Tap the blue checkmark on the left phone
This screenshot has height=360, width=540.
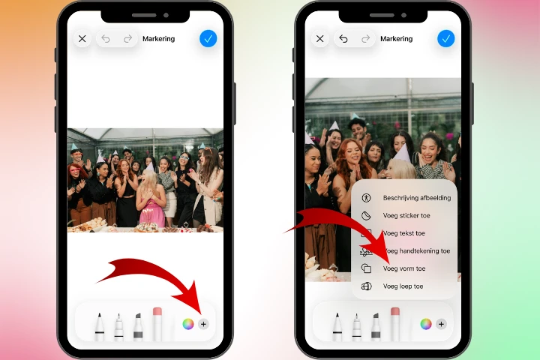[x=208, y=38]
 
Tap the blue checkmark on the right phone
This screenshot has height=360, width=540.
[x=445, y=38]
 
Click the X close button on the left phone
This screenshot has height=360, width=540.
[x=82, y=38]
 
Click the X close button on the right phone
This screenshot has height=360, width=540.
[x=320, y=38]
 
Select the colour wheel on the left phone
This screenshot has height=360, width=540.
[x=187, y=324]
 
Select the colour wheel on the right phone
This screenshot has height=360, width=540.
[x=425, y=324]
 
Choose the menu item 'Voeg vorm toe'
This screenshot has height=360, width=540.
[x=403, y=268]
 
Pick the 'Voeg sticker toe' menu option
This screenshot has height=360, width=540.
[x=406, y=215]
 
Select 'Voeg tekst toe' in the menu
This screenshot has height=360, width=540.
[x=403, y=233]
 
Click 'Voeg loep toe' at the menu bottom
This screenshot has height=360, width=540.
[x=403, y=286]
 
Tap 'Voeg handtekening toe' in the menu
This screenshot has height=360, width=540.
[x=415, y=251]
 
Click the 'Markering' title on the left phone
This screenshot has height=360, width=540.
[x=158, y=38]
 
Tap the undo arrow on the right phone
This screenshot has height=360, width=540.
[x=343, y=38]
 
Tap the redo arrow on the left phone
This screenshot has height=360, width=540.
[x=127, y=38]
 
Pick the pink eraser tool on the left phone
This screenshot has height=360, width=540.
[x=157, y=322]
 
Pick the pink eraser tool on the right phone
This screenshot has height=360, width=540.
[x=395, y=322]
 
